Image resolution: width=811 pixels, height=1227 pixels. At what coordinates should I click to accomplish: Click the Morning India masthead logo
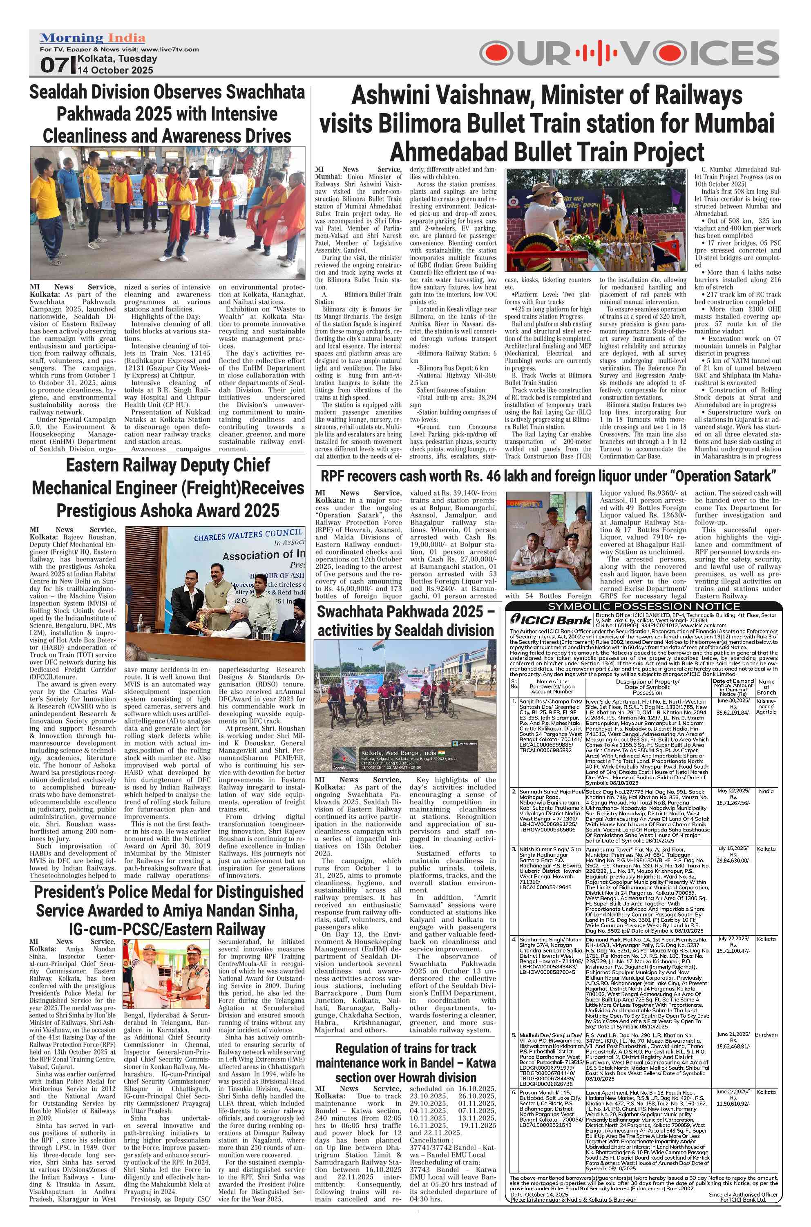[93, 38]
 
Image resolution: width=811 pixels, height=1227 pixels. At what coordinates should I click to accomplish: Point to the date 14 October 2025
[115, 70]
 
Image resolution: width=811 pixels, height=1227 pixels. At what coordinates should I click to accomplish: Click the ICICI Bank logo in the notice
[551, 620]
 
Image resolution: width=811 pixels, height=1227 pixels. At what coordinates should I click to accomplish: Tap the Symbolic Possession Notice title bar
[644, 606]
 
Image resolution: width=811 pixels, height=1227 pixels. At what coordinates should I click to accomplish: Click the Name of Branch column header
[766, 688]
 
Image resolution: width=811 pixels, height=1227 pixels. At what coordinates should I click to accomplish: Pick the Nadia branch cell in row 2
[766, 791]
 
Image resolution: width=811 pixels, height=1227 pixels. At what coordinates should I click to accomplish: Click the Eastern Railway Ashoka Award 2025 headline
[168, 488]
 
